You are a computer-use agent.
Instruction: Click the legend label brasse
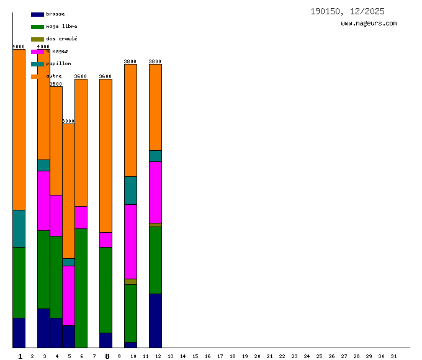coord(55,14)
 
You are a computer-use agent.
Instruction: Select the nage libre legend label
coord(61,26)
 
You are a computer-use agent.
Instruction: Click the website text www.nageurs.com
coord(369,24)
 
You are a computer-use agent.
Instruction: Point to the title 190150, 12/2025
coord(348,11)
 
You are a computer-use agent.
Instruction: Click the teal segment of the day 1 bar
coord(19,228)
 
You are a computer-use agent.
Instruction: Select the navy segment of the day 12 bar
coord(155,320)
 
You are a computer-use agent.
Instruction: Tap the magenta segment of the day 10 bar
coord(130,241)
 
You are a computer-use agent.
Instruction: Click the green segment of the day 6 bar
coord(81,288)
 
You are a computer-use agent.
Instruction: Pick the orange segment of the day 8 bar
coord(105,155)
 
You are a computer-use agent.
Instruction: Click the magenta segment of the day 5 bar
coord(68,295)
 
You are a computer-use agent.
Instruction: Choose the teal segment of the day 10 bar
coord(130,190)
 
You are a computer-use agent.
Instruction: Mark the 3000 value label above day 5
coord(68,121)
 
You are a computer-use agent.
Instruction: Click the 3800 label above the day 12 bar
coord(155,61)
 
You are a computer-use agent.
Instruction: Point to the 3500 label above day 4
coord(56,84)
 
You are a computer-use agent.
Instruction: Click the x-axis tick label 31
coord(393,356)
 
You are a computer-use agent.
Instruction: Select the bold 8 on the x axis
coord(107,356)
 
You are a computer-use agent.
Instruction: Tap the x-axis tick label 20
coord(257,356)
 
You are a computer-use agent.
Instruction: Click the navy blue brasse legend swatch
coord(37,14)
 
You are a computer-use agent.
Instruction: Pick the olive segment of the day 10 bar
coord(130,282)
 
